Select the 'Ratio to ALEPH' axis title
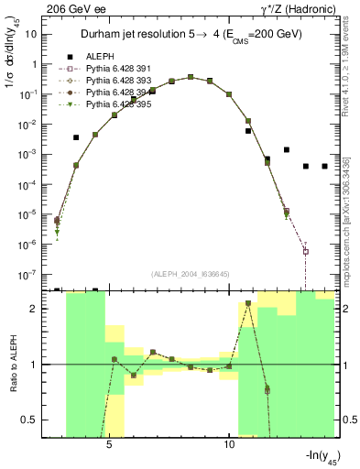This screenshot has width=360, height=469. click(x=13, y=365)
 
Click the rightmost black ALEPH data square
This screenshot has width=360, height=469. click(x=324, y=166)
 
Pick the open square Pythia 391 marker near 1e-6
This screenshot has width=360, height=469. click(x=306, y=252)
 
